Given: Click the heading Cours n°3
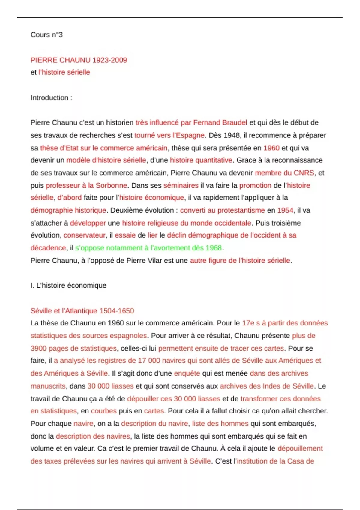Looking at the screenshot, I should click(x=46, y=35).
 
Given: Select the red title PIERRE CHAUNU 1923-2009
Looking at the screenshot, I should click(x=79, y=60).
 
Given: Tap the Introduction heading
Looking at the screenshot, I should click(x=51, y=98).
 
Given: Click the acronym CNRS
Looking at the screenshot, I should click(x=304, y=173).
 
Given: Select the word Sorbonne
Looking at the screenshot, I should click(x=111, y=185).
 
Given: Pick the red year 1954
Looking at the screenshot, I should click(x=285, y=210).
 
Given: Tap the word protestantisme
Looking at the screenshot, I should click(x=241, y=210).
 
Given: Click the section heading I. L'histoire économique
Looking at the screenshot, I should click(x=68, y=285).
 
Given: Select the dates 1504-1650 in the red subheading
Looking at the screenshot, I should click(x=116, y=311).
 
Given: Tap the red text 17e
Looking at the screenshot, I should click(x=248, y=323).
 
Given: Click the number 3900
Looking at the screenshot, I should click(x=38, y=348).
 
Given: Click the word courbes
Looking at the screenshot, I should click(x=103, y=411).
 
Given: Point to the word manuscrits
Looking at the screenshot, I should click(x=48, y=386).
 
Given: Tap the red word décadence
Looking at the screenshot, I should click(x=48, y=248).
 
